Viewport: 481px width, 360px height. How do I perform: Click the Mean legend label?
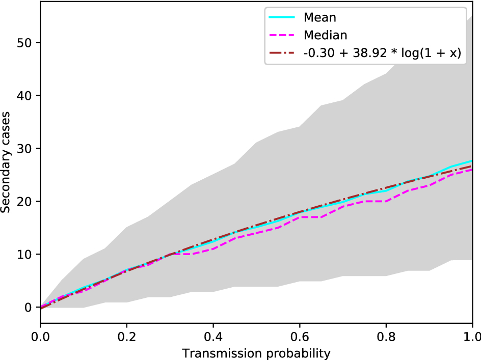319,17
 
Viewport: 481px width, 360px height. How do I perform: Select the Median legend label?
325,35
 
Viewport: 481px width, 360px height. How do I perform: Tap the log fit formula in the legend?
382,53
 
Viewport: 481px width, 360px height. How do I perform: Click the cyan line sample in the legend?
282,17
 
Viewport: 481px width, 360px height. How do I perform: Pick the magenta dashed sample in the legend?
282,35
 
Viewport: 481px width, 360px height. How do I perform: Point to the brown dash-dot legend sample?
282,53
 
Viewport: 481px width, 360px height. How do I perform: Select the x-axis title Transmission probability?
256,353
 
